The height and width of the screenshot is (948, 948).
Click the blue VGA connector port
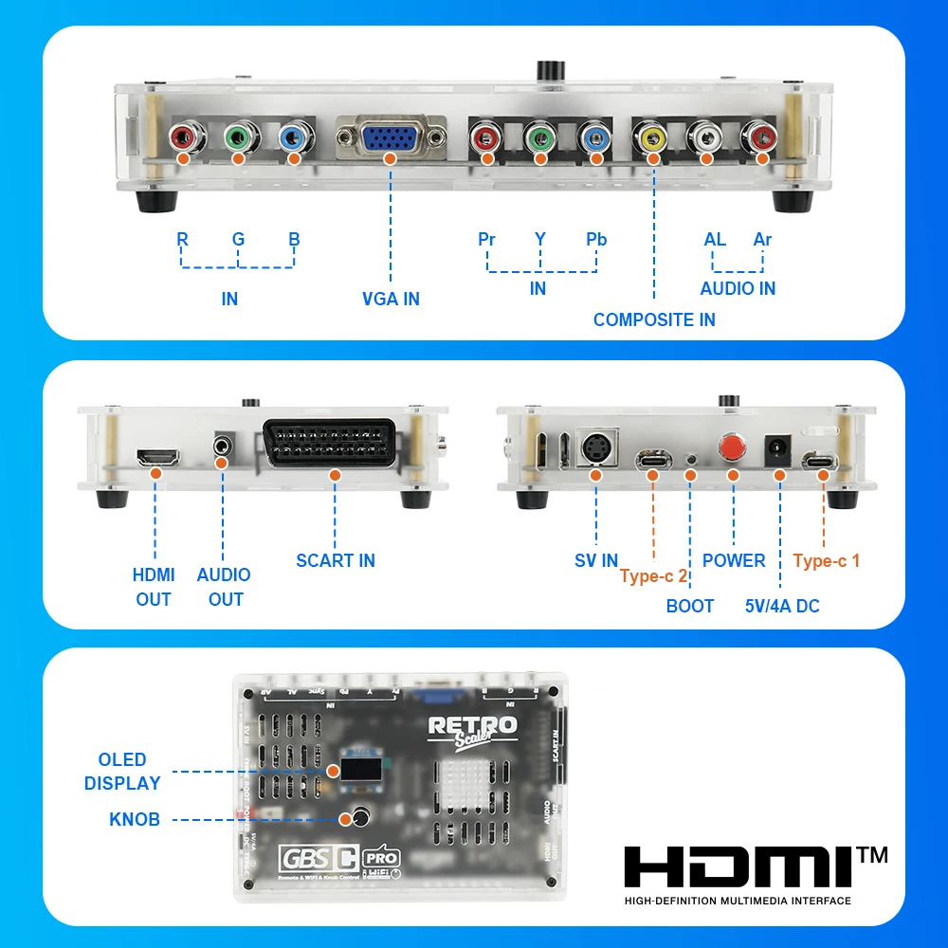pos(391,140)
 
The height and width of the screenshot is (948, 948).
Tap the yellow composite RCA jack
pos(653,140)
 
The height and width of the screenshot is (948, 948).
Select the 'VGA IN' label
pos(391,299)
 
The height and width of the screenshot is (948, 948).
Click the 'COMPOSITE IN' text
pos(654,319)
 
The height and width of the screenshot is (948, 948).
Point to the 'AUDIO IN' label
pos(738,288)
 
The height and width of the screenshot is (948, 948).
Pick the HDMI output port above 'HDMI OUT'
pos(158,458)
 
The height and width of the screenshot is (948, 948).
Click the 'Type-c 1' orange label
pos(827,560)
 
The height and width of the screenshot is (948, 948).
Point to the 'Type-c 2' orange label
pos(653,576)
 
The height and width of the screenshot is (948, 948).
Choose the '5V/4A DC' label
pos(782,606)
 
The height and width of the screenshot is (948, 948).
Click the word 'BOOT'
pos(689,606)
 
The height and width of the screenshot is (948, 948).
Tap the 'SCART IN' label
pos(336,560)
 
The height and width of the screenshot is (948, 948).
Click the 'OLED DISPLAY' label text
pos(122,772)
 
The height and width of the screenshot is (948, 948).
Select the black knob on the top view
pos(360,816)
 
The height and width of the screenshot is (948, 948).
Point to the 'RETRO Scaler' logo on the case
pos(473,730)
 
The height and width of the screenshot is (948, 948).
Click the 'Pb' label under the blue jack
pos(596,239)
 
